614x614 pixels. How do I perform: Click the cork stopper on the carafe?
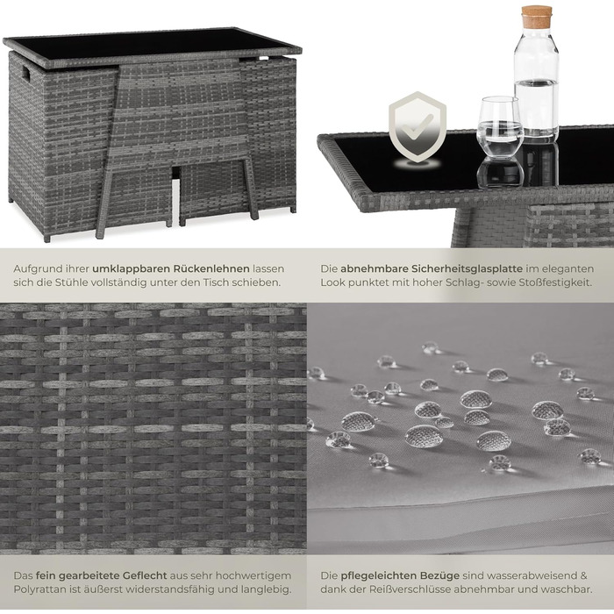(536, 17)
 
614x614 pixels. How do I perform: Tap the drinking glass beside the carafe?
(500, 128)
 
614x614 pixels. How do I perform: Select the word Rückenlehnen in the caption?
(211, 269)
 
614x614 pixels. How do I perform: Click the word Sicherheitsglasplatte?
(467, 269)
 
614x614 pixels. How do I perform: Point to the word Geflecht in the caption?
(145, 575)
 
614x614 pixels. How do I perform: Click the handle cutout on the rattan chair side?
(25, 73)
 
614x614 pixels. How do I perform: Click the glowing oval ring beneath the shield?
(417, 164)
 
